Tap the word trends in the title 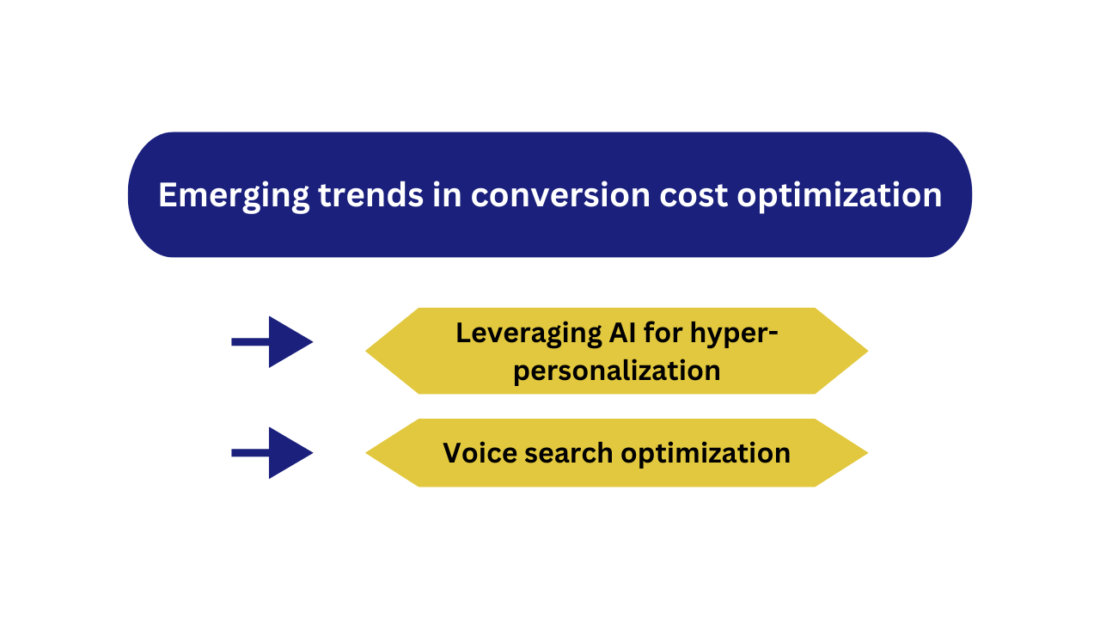coord(370,195)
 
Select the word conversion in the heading coord(560,195)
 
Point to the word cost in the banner coord(694,196)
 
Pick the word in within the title coord(447,195)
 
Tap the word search coord(568,452)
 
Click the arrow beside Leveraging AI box coord(272,342)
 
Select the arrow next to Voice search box coord(272,453)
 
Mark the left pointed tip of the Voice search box coord(366,453)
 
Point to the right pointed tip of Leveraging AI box coord(868,351)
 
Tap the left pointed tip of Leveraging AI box coord(366,351)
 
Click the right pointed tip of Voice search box coord(868,453)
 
